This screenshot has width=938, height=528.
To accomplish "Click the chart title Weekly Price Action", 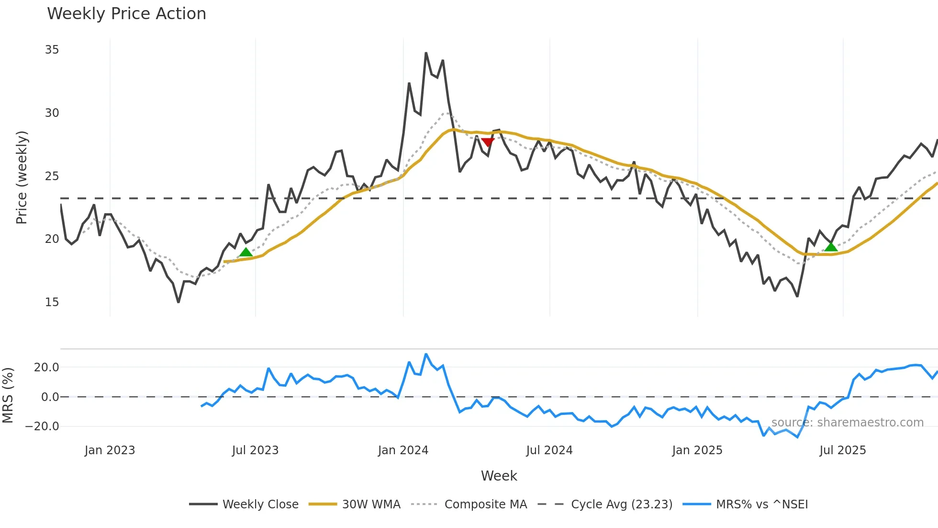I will (x=126, y=14).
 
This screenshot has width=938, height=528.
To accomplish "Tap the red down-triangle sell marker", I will (x=487, y=142).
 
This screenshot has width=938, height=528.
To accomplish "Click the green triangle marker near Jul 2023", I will (x=246, y=253).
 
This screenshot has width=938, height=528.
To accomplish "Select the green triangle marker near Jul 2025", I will (x=831, y=247).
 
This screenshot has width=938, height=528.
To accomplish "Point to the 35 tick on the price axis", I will (x=52, y=50).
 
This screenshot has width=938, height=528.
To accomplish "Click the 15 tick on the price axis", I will (x=52, y=302).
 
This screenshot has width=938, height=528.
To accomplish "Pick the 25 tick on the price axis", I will (x=52, y=176).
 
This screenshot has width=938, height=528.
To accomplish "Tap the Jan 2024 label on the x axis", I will (x=403, y=450).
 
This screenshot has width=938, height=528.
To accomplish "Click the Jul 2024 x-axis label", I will (x=549, y=450).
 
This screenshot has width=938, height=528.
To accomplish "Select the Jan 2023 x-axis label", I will (x=110, y=450).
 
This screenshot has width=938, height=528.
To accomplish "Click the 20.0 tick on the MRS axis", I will (x=46, y=367).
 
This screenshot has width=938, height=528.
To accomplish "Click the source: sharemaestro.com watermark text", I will (x=847, y=423).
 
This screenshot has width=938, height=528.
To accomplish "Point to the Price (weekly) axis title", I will (x=22, y=177).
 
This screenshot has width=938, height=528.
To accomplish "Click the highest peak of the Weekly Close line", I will (x=426, y=53).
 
